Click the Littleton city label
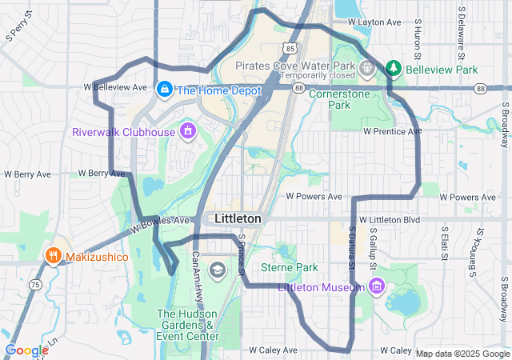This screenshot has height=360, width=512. point(238,218)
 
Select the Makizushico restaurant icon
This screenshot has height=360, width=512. point(54,256)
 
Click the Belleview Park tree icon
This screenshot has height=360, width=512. point(394,69)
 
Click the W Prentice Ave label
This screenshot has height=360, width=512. point(392,130)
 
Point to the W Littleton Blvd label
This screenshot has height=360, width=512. point(390,219)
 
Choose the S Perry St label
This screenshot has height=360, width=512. point(18,24)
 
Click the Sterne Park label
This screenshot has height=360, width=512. point(290,267)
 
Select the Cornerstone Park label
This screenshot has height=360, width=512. point(340,99)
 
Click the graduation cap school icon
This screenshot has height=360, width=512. point(217,270)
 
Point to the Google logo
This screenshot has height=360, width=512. point(26,350)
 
